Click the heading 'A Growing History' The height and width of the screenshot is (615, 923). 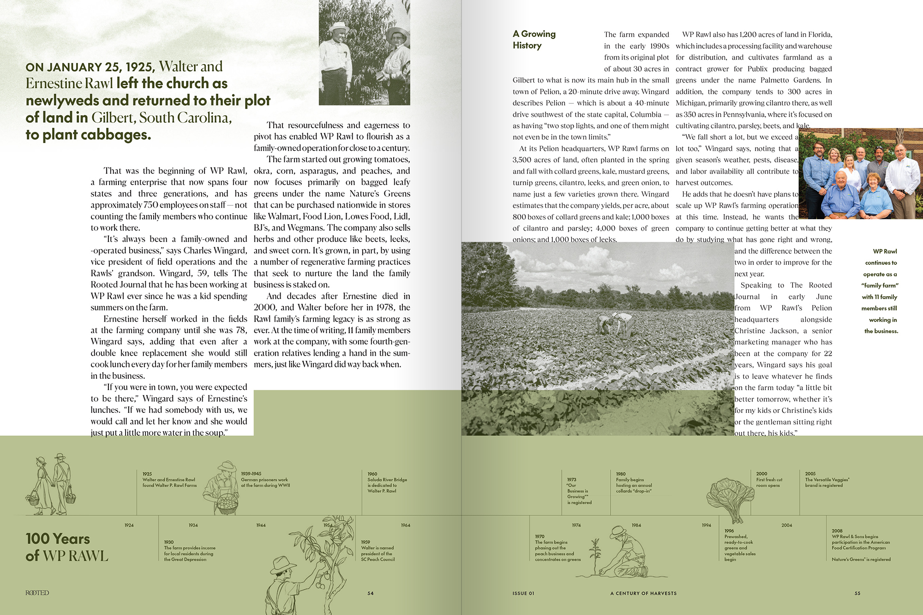(534, 40)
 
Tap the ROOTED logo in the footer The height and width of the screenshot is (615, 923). (37, 593)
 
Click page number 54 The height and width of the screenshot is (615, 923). (371, 593)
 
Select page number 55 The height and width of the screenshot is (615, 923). (857, 593)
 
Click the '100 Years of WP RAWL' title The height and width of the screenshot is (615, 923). (66, 547)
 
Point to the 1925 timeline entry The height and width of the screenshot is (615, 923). (169, 480)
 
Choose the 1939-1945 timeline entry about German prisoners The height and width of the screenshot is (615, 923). (265, 480)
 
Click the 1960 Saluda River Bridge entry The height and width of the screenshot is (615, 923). (387, 483)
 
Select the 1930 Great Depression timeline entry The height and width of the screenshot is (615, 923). (189, 551)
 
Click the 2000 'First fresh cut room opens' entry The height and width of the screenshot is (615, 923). (769, 480)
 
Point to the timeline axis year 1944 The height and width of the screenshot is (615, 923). (261, 525)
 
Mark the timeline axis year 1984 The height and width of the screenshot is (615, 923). (636, 525)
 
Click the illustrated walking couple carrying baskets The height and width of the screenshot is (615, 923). (51, 484)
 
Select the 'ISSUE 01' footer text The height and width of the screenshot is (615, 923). (523, 593)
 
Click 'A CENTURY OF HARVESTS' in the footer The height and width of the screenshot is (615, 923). (643, 593)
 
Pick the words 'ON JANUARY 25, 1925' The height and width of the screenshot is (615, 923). (90, 67)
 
